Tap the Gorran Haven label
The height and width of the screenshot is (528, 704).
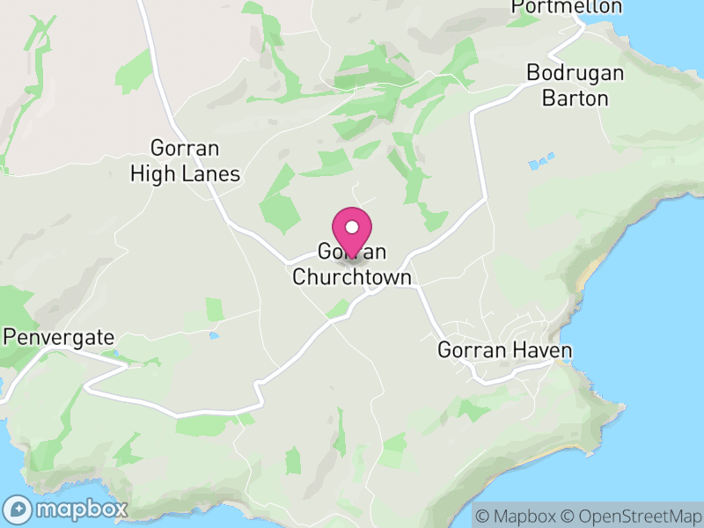(505, 351)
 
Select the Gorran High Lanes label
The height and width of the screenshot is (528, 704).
(185, 161)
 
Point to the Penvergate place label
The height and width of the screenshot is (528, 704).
(59, 337)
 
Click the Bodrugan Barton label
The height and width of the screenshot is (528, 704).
(576, 85)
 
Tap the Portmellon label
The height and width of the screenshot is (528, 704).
(568, 7)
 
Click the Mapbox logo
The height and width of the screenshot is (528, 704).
(67, 509)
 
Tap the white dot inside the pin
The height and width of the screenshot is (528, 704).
(352, 227)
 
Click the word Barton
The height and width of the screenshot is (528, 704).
(576, 98)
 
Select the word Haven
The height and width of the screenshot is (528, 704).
(541, 351)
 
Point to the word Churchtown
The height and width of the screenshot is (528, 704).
(352, 278)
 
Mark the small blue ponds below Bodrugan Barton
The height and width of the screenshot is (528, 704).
(539, 163)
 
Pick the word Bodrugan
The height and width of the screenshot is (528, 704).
(576, 73)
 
